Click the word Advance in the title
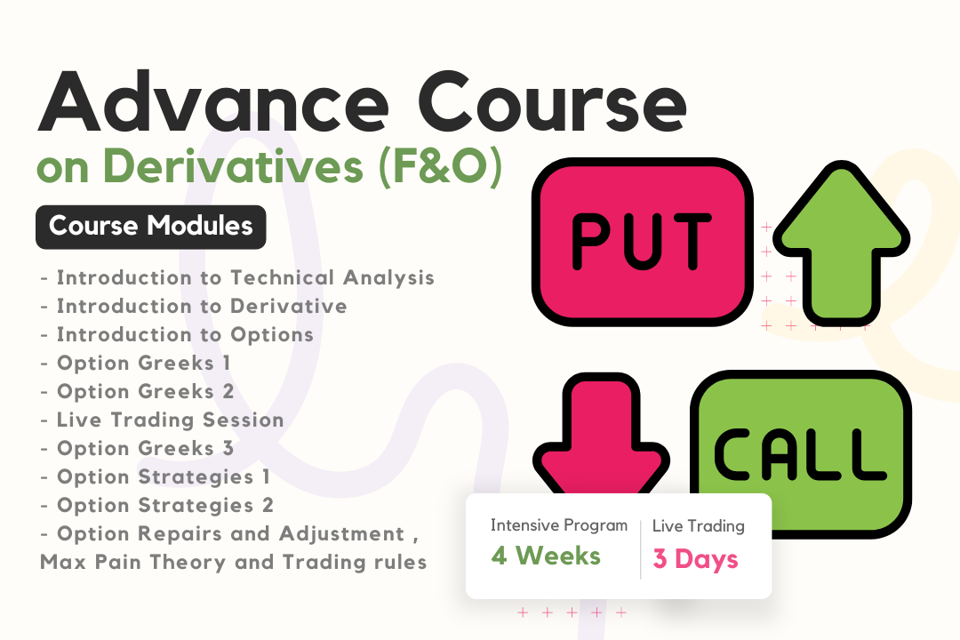click(x=213, y=101)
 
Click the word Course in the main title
click(x=552, y=101)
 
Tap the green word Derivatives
click(x=233, y=165)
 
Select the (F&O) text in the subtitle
click(x=441, y=166)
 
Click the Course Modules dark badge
click(x=150, y=227)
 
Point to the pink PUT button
click(x=643, y=241)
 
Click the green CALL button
click(x=802, y=454)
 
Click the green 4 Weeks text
click(x=546, y=556)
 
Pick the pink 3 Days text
click(x=695, y=558)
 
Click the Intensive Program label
click(x=559, y=525)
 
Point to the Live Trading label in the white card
click(x=699, y=526)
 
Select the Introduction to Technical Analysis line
click(x=237, y=277)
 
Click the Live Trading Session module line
click(x=163, y=420)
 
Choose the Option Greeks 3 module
click(x=137, y=448)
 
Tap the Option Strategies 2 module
click(x=156, y=505)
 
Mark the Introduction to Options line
click(x=177, y=334)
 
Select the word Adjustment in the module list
click(x=341, y=534)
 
